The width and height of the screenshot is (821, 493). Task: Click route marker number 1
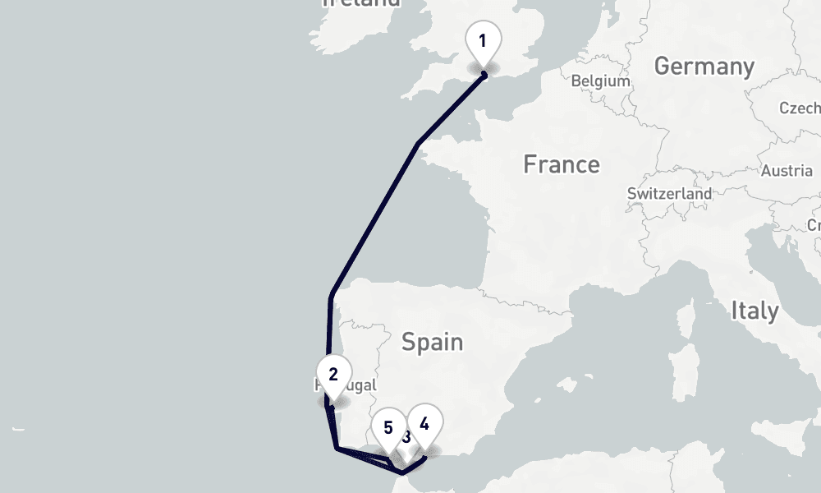tap(483, 40)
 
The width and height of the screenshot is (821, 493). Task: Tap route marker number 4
tap(424, 425)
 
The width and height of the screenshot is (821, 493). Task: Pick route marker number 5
tap(388, 428)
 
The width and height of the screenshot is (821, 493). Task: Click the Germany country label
tap(704, 67)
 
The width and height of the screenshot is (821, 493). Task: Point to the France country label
tap(562, 164)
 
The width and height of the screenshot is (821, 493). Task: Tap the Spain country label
tap(432, 341)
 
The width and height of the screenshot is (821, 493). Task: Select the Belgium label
tap(600, 81)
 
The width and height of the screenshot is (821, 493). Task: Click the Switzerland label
tap(669, 193)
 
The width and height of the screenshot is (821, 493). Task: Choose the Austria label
tap(787, 171)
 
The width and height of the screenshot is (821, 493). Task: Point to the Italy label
tap(754, 311)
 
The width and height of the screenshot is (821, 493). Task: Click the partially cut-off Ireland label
tap(361, 3)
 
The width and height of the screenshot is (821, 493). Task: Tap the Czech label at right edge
tap(800, 108)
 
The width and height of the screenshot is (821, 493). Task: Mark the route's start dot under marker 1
tap(484, 76)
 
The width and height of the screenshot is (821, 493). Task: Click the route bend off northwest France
tap(419, 144)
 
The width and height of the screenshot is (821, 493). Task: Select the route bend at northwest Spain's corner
tap(331, 295)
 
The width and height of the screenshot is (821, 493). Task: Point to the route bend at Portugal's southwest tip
tap(337, 448)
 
